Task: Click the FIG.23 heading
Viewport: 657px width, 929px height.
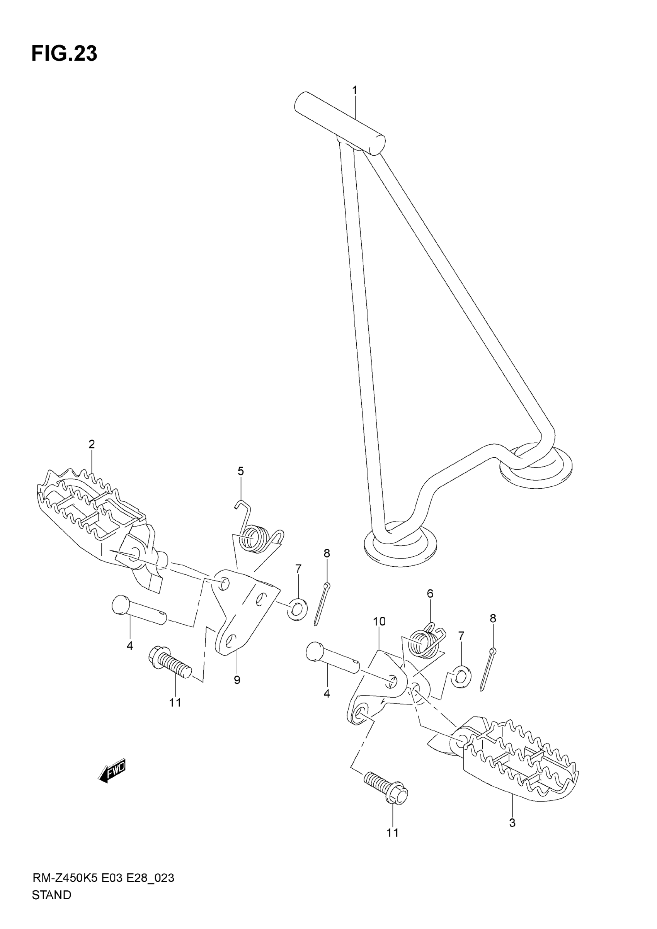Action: (x=65, y=53)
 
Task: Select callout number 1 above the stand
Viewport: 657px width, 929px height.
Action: (x=355, y=90)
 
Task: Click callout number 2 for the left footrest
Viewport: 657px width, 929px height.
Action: (x=92, y=444)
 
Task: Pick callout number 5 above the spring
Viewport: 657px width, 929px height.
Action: (x=240, y=471)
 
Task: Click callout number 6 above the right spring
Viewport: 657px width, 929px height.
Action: (x=430, y=594)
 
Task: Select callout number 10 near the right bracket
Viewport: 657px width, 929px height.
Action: (x=379, y=621)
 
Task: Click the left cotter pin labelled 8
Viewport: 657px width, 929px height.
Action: (x=322, y=604)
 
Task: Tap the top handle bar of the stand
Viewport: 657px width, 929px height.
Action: (x=339, y=123)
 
